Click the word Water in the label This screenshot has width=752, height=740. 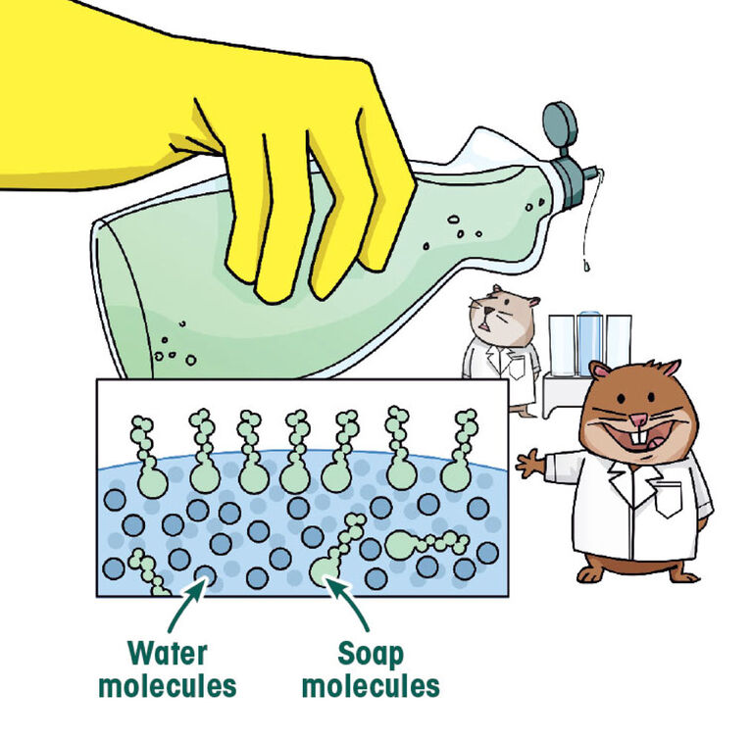point(168,653)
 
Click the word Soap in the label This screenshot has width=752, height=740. point(371,654)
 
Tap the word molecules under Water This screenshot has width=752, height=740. point(168,686)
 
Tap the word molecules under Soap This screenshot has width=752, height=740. point(371,686)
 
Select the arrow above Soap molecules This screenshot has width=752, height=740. point(349,604)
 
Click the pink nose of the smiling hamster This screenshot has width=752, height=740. point(639,420)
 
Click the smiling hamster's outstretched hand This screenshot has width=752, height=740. point(530,463)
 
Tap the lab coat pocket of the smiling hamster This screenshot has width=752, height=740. point(668,499)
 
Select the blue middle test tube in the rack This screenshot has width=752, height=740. point(590,343)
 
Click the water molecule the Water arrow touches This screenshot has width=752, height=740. point(205,575)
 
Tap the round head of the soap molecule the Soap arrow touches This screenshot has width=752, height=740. point(325,571)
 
